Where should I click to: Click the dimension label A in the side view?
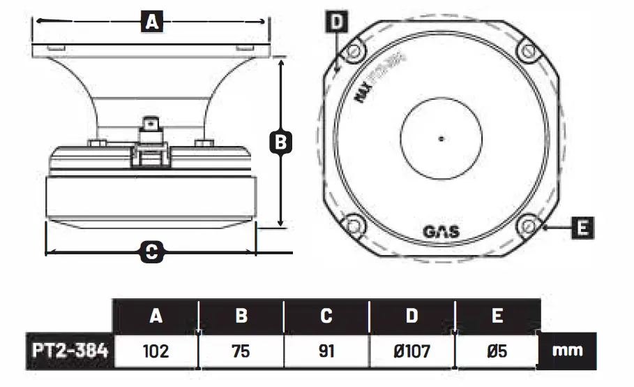(151, 22)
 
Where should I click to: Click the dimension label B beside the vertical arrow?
(279, 143)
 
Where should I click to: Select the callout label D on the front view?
(337, 22)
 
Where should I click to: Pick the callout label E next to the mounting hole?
(582, 227)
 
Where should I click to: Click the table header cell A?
(156, 316)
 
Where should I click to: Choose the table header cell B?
(241, 316)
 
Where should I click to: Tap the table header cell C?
(326, 316)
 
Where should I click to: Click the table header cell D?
(412, 316)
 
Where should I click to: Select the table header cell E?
(497, 316)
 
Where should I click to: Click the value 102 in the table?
(156, 351)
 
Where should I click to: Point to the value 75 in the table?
(241, 351)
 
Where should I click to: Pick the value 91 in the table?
(326, 351)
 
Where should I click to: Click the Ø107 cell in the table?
(412, 351)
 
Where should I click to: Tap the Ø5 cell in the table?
(497, 351)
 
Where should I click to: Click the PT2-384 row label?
(70, 351)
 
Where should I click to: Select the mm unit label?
(567, 351)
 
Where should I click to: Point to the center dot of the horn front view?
(441, 138)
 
